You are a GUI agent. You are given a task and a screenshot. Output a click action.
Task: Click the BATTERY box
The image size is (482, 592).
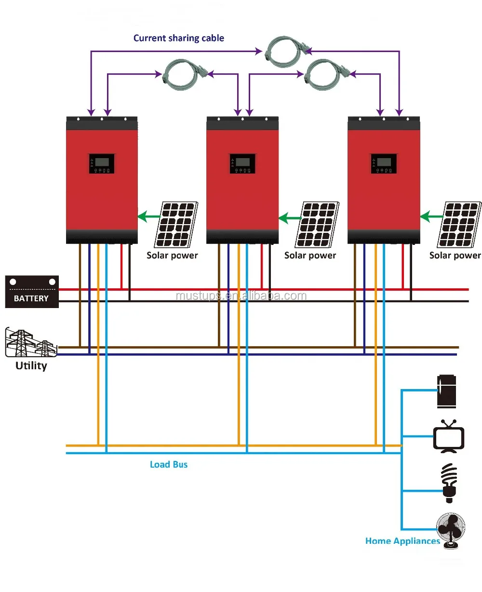click(31, 291)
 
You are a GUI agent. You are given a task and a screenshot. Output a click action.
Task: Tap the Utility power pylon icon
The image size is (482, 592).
click(30, 343)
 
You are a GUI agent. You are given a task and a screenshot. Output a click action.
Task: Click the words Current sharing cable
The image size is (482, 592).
click(179, 38)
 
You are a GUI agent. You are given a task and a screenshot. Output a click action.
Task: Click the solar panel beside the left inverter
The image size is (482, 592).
click(176, 224)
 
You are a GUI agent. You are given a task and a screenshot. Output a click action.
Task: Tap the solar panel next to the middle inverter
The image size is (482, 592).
click(317, 224)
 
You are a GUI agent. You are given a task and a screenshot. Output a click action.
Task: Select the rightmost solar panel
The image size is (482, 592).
click(458, 224)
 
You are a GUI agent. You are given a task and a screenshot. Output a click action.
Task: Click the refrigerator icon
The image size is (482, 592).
click(446, 391)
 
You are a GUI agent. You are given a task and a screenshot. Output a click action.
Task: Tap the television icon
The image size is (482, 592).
click(449, 437)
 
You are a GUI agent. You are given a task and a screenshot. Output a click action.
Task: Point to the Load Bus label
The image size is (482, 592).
click(169, 465)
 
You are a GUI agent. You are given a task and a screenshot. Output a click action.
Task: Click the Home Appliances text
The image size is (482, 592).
click(402, 541)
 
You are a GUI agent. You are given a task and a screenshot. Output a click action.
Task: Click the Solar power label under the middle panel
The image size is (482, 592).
click(310, 256)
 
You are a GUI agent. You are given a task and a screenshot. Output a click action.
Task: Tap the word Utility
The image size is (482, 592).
click(31, 366)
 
